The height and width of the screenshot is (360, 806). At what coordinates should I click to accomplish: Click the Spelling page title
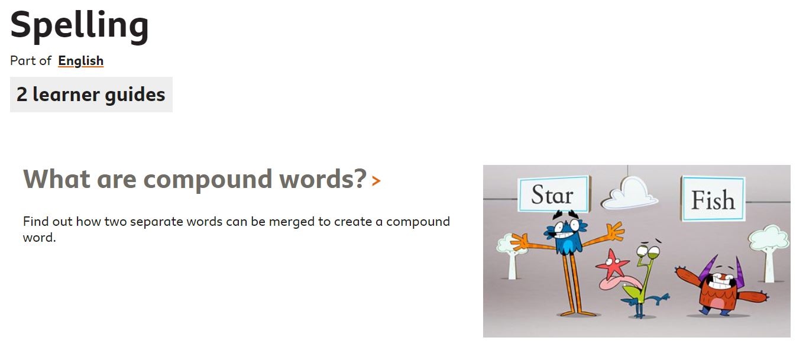point(79,26)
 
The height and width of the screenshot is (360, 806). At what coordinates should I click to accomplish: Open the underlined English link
point(80,61)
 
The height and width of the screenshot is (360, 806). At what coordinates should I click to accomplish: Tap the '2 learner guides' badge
point(91,95)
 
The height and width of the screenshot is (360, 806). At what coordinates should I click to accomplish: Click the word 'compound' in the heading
point(208,179)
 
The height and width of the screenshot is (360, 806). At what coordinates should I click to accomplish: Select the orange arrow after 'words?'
point(376,180)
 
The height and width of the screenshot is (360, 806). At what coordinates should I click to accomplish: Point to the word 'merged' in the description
point(292,222)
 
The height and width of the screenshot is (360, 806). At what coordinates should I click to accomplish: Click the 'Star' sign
point(553,194)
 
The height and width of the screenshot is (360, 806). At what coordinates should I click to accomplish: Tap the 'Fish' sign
point(713,199)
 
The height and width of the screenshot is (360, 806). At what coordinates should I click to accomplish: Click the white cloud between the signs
point(630,194)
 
